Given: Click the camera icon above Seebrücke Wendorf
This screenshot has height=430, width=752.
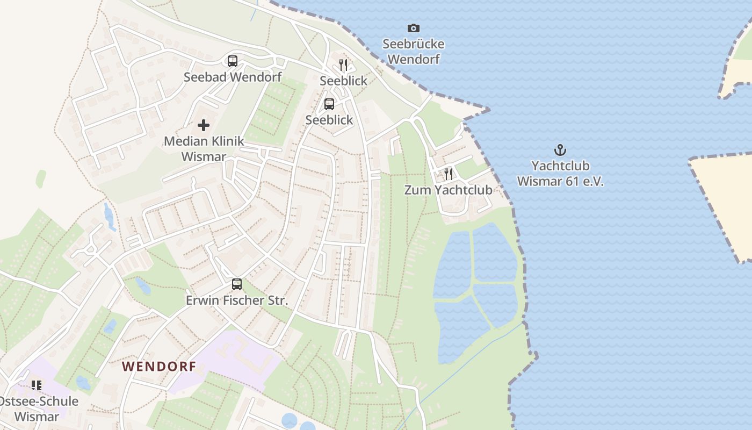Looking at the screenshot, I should point(413,28).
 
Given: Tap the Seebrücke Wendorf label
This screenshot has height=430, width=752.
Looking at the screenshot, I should point(413,52).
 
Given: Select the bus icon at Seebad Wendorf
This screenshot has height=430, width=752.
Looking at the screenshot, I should point(232,61).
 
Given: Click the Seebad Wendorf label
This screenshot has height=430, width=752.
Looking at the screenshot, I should point(232,77).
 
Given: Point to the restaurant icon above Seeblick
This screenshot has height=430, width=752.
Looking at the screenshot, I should point(343,65).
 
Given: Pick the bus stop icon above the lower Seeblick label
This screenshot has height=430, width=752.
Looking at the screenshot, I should point(329,104).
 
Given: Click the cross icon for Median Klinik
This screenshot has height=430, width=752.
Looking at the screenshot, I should point(204,125).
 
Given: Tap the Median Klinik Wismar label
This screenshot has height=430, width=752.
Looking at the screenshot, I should point(204,149).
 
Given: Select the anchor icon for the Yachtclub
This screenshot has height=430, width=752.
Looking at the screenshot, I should point(560,150).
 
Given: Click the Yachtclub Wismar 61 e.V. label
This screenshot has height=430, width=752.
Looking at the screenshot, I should point(560,174).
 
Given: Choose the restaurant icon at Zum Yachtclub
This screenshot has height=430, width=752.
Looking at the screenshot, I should point(448,174).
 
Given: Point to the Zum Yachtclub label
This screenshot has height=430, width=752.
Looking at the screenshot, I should point(448,190).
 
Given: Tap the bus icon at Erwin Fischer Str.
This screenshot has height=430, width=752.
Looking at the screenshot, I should point(237,284).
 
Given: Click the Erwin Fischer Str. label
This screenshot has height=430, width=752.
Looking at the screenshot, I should point(237,300).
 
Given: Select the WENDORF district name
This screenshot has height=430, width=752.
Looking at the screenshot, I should point(158,367).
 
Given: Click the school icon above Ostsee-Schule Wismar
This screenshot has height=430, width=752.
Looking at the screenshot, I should point(37,385).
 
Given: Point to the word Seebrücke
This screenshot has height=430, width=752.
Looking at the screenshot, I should point(413,44).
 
